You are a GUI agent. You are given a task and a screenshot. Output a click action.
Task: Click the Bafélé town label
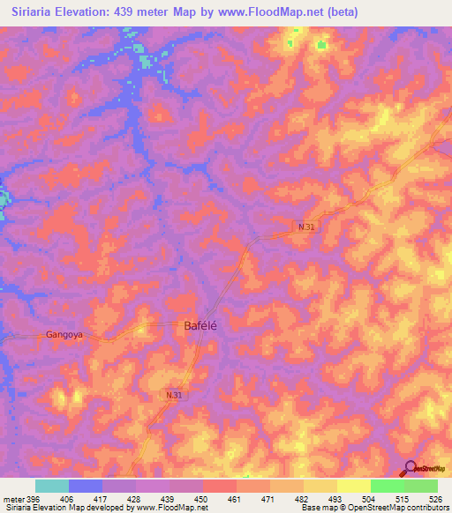(x=200, y=325)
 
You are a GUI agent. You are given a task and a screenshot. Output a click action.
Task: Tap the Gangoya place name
(x=64, y=335)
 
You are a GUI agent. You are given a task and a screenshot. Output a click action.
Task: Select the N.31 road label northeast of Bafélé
(x=305, y=227)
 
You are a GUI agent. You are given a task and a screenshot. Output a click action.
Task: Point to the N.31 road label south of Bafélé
(x=174, y=396)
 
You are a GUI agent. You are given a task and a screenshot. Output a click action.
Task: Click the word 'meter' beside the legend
(x=13, y=499)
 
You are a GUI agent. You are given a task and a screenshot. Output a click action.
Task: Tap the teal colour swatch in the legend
(x=52, y=486)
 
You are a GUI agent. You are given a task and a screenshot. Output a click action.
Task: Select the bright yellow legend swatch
(x=353, y=486)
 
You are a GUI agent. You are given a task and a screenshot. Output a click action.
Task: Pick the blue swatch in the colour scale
(x=86, y=486)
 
